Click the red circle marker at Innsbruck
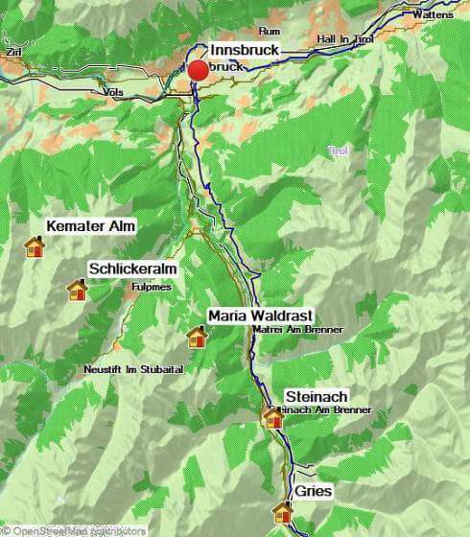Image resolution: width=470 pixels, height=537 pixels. [199, 70]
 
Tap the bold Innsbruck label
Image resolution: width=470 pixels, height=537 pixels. [245, 49]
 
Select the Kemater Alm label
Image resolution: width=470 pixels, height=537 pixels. [91, 226]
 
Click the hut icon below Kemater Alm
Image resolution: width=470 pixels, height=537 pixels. [35, 247]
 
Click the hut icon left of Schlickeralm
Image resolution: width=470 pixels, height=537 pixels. [77, 289]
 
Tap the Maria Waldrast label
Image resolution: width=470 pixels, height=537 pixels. [260, 315]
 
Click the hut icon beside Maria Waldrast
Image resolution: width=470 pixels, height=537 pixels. [197, 336]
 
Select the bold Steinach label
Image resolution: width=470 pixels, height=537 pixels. [317, 397]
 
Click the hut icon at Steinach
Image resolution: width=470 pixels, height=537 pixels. [273, 417]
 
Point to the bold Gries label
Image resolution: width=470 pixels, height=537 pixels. [313, 491]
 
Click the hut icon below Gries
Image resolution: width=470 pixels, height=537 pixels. [283, 512]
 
